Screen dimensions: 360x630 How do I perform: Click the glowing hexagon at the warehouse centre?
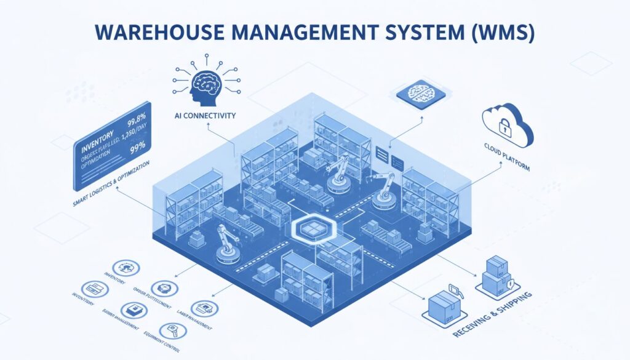[311, 229]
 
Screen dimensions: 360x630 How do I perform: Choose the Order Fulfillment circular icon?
[163, 288]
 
